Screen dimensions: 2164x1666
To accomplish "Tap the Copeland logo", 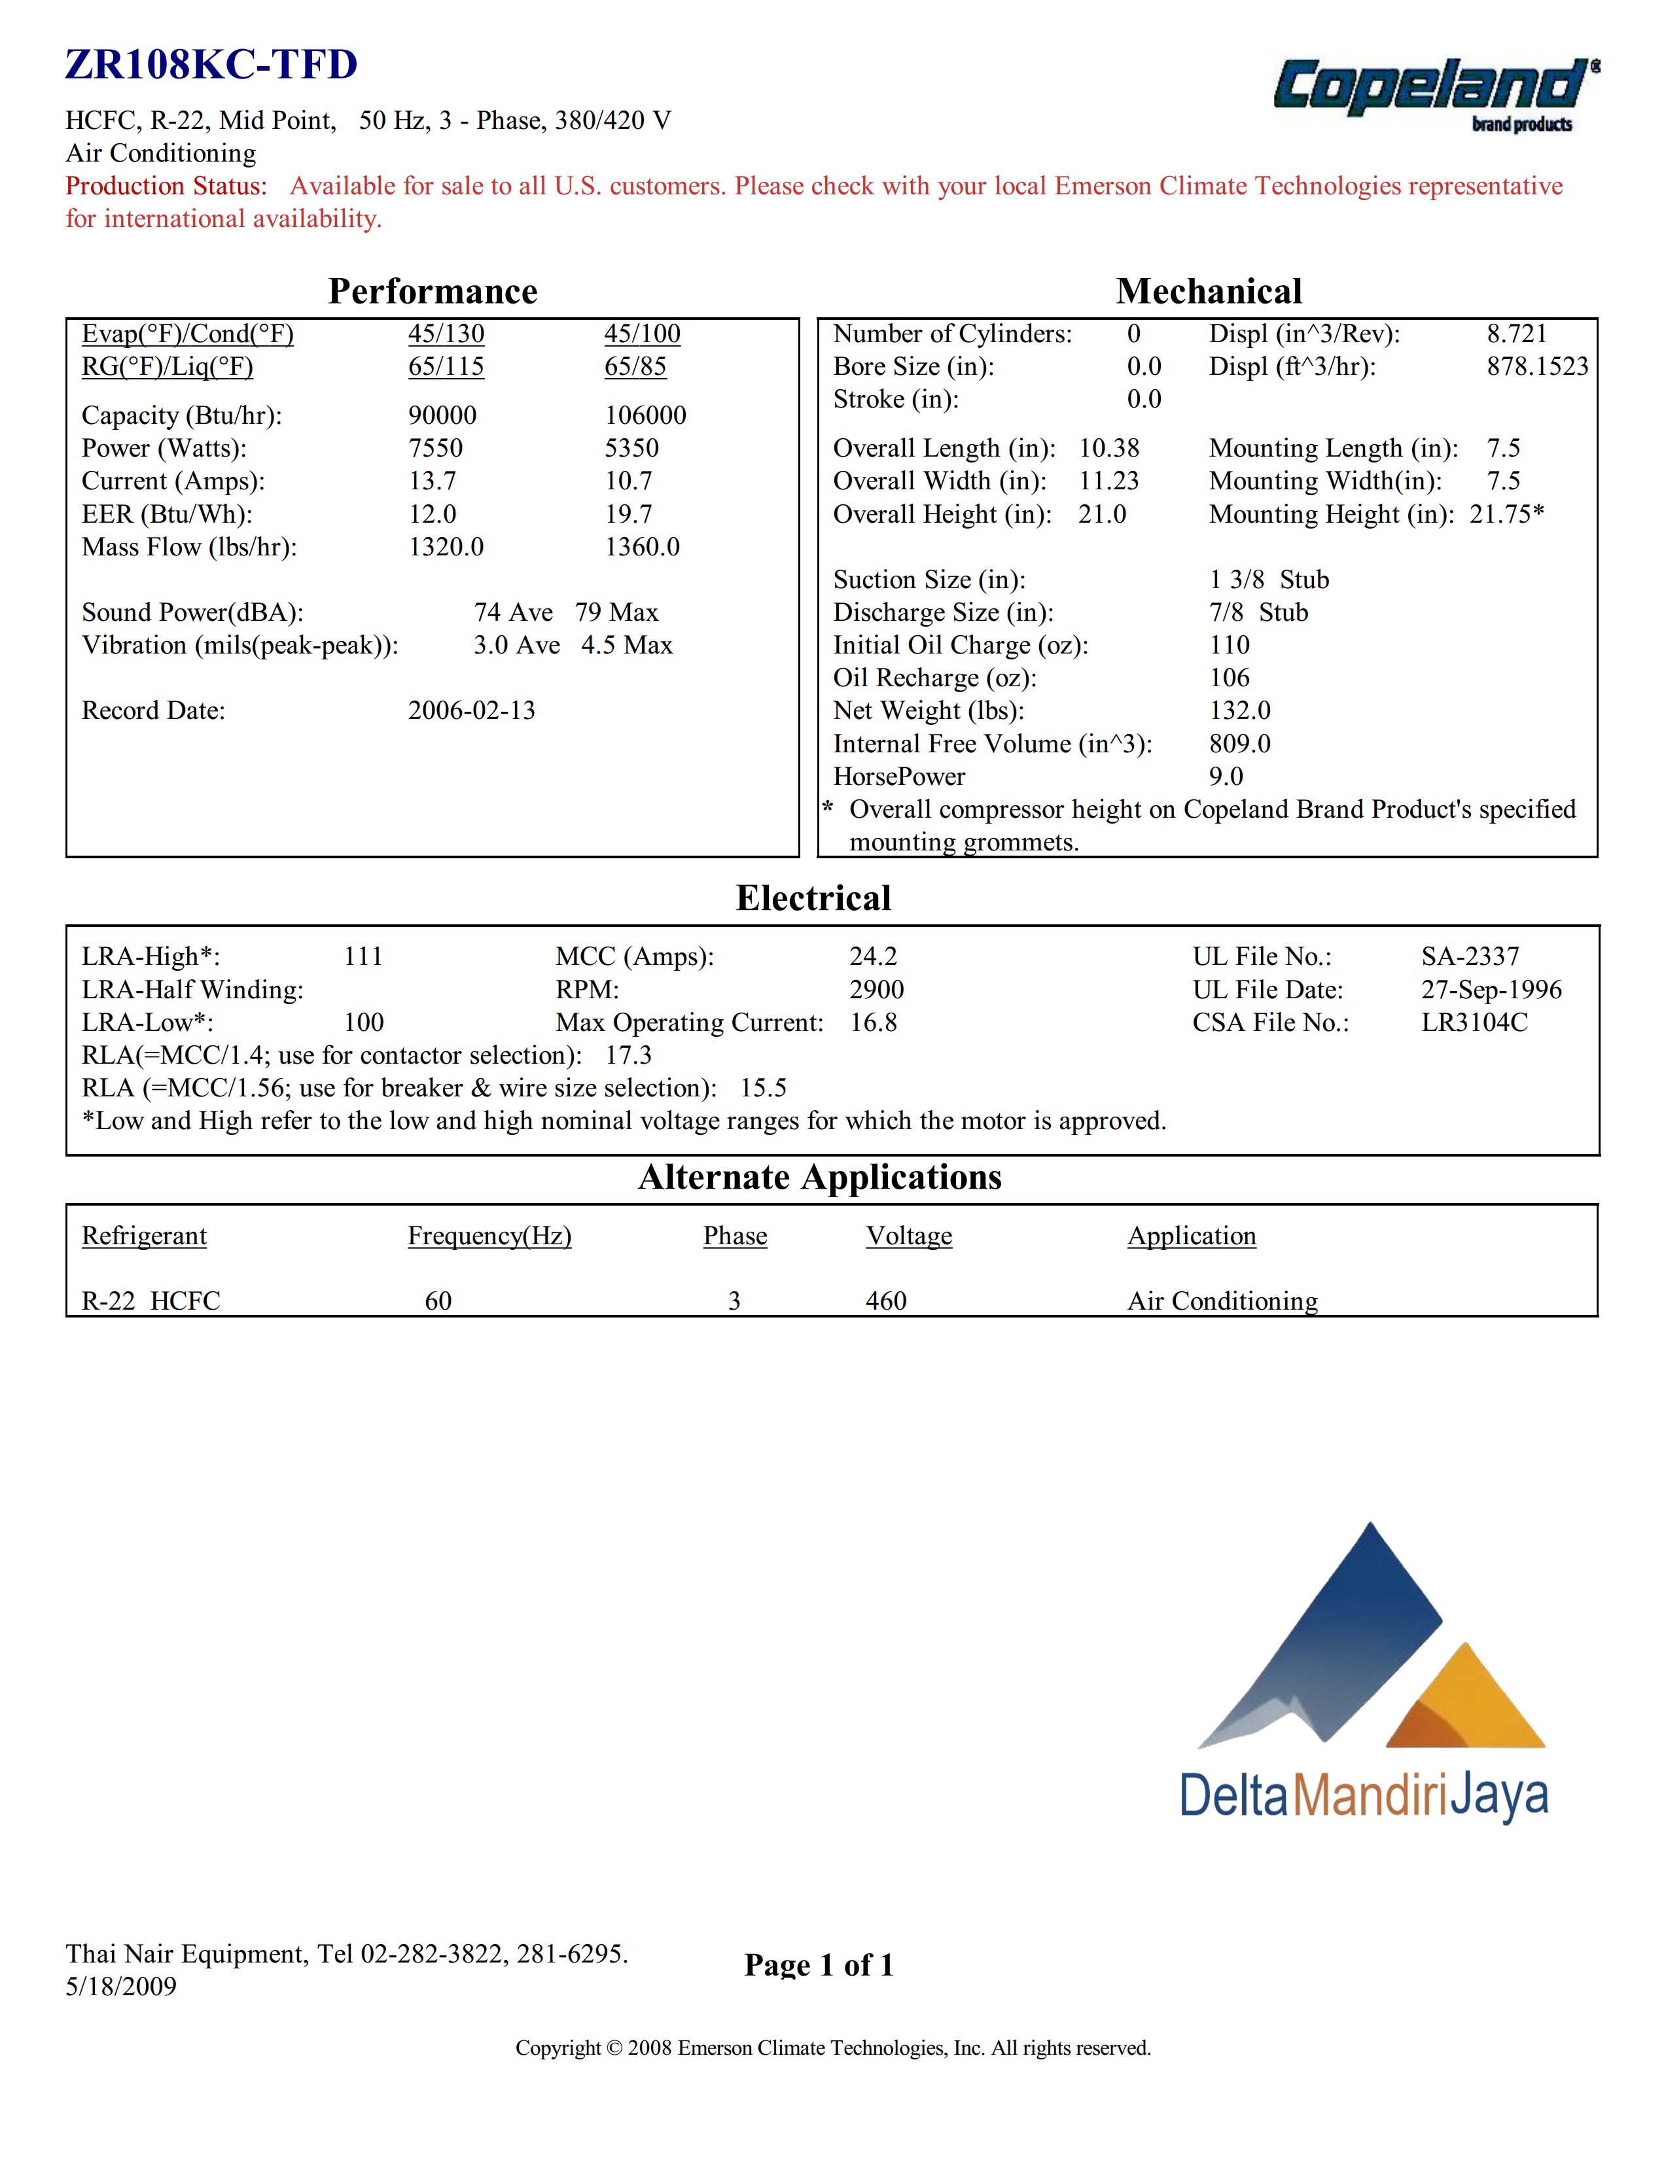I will pyautogui.click(x=1433, y=91).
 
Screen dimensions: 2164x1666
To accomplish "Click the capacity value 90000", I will pyautogui.click(x=442, y=415).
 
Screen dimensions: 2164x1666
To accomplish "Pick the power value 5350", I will pyautogui.click(x=631, y=448).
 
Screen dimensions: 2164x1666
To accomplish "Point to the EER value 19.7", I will pyautogui.click(x=628, y=514).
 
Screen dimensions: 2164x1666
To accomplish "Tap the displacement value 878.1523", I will pyautogui.click(x=1536, y=366).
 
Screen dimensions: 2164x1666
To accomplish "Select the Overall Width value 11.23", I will pyautogui.click(x=1108, y=481).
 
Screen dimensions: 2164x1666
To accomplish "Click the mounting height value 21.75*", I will pyautogui.click(x=1506, y=514).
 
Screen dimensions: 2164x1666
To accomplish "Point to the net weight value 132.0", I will pyautogui.click(x=1239, y=710).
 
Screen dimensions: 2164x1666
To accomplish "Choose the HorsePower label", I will pyautogui.click(x=899, y=776).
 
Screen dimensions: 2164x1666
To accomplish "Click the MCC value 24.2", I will pyautogui.click(x=872, y=956).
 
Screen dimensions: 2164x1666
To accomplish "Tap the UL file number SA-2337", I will pyautogui.click(x=1469, y=956).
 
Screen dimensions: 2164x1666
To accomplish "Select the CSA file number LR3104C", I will pyautogui.click(x=1474, y=1022).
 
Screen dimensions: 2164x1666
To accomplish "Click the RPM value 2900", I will pyautogui.click(x=876, y=989).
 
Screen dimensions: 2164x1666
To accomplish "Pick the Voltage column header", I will pyautogui.click(x=908, y=1236).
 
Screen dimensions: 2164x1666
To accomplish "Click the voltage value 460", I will pyautogui.click(x=885, y=1301).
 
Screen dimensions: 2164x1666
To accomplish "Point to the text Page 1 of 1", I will pyautogui.click(x=819, y=1965).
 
